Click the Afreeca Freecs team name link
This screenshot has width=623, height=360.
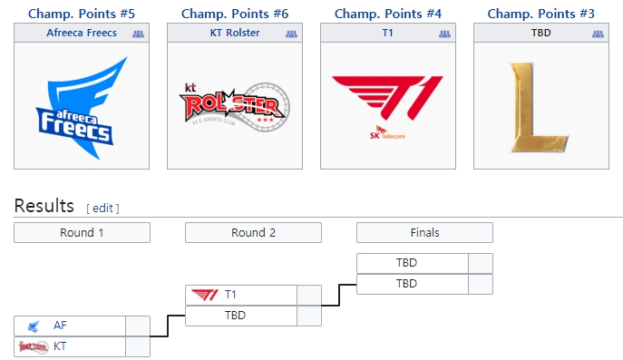[81, 33]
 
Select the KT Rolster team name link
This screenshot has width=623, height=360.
[235, 33]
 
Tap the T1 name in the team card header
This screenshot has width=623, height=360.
[388, 33]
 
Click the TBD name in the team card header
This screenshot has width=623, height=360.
[541, 33]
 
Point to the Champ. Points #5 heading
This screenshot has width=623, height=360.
[82, 14]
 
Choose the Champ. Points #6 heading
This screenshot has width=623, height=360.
[235, 14]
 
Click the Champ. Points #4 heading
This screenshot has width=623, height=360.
[388, 14]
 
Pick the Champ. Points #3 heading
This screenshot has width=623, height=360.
[541, 14]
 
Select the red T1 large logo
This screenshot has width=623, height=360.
[388, 102]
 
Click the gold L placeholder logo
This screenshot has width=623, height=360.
[541, 106]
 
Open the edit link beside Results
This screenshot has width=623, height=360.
[102, 208]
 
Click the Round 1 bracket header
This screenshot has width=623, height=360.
[82, 232]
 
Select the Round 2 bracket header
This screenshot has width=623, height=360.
[253, 232]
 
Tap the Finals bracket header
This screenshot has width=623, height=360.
[424, 232]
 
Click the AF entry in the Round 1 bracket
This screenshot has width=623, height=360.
[60, 326]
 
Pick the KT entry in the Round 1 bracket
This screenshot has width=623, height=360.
[60, 346]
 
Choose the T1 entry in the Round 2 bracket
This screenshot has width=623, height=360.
[230, 295]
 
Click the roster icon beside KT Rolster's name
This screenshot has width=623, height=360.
[291, 34]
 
